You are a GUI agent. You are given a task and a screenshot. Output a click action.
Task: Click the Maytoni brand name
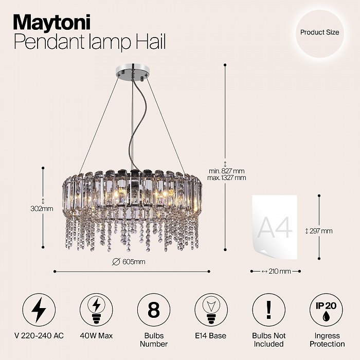click(51, 22)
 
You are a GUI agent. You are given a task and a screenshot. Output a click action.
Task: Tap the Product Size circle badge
click(319, 32)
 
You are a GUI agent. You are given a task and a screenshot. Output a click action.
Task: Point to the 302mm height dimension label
click(42, 209)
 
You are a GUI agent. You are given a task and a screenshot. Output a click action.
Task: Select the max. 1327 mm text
click(226, 178)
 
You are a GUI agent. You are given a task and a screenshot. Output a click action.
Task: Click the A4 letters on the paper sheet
click(275, 227)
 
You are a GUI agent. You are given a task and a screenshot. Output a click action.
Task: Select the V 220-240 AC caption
click(39, 336)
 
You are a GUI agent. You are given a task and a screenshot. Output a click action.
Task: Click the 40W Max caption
click(97, 336)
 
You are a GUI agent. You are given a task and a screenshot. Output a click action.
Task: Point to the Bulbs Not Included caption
click(268, 339)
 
